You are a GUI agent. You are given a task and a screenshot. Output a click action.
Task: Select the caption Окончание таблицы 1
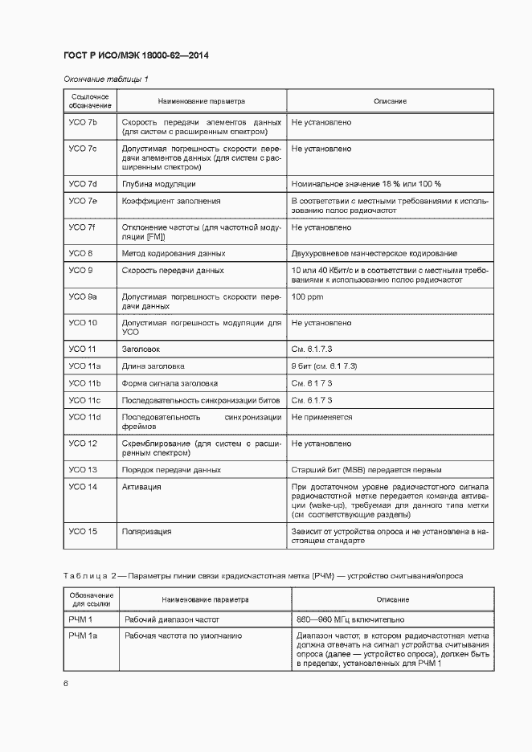pos(105,79)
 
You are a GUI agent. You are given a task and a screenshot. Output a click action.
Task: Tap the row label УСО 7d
pos(83,183)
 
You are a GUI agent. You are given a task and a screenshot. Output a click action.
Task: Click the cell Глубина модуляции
pos(158,183)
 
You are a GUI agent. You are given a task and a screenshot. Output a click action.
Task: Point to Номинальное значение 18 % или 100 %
pos(366,183)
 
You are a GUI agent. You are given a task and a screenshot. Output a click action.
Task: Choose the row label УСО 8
pos(80,253)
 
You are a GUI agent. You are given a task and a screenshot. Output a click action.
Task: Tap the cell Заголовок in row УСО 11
pos(141,349)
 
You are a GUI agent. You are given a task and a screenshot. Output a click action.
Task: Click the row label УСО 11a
pos(84,366)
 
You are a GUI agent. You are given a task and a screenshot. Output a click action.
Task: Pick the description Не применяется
pos(321,417)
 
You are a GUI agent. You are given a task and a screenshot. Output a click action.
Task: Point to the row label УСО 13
pos(83,469)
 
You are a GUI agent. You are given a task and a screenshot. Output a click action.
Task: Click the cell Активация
pos(141,487)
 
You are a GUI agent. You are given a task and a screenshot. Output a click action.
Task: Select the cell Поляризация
pos(146,531)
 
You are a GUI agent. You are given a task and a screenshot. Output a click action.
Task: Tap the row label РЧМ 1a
pos(84,636)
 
